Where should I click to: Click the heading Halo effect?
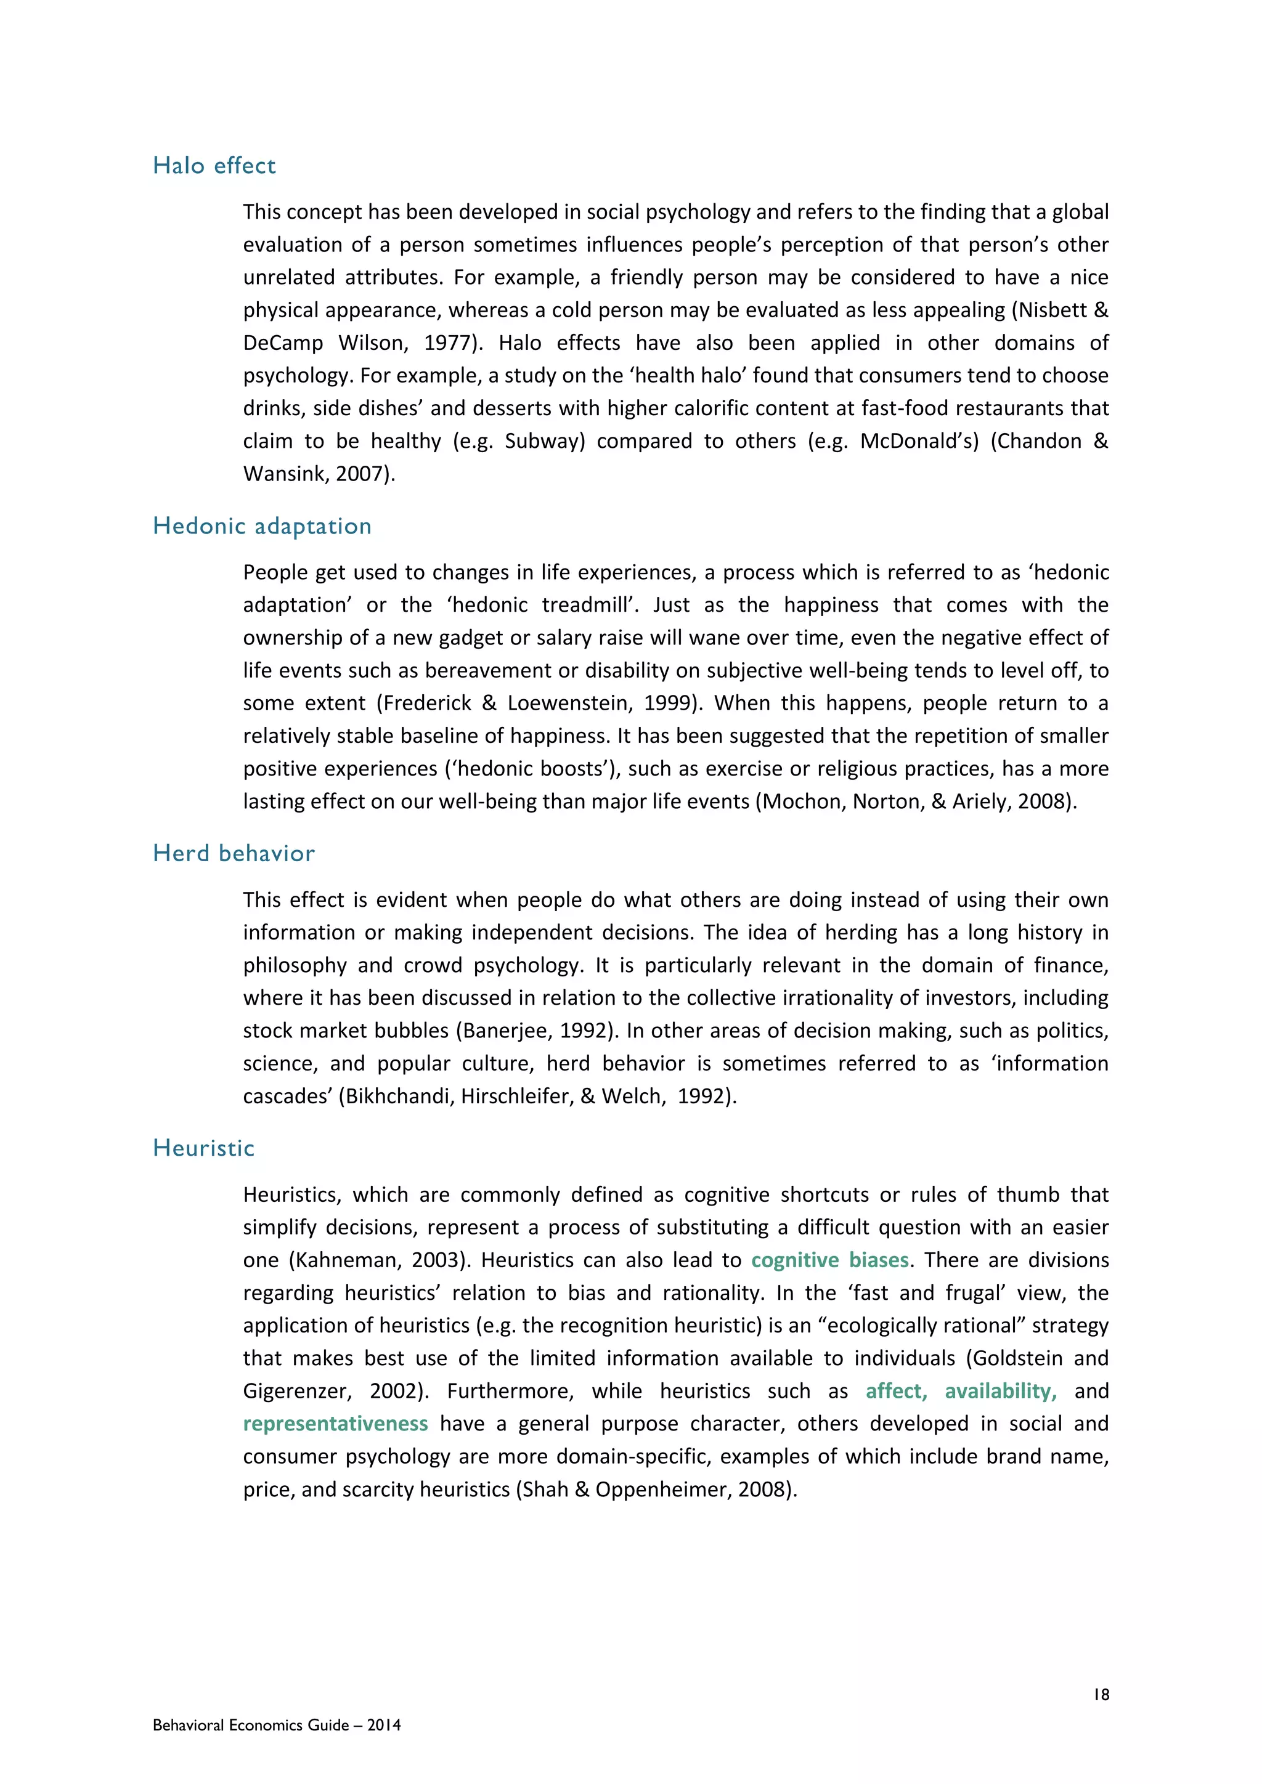(x=214, y=166)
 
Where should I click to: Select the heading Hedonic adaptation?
(x=262, y=526)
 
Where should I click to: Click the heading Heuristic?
(x=203, y=1148)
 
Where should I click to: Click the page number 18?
(x=1101, y=1695)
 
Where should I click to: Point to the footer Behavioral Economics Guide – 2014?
(x=277, y=1725)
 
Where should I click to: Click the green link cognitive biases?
(x=829, y=1260)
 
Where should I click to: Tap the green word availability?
(x=1000, y=1390)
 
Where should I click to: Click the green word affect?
(x=896, y=1390)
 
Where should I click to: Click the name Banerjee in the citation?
(x=498, y=1031)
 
